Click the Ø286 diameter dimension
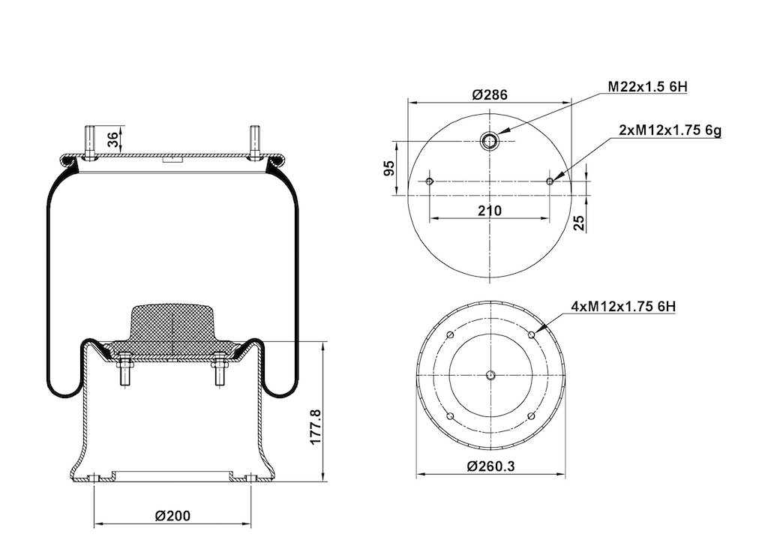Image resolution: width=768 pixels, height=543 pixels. pos(490,94)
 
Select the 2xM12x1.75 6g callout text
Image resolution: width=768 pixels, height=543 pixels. pos(670,130)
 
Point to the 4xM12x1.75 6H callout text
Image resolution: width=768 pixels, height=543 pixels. pos(623,307)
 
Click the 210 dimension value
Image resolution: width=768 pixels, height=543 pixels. pos(490,211)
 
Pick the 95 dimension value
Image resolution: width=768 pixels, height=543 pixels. pos(389,169)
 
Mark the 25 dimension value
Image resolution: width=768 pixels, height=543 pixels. pos(579,223)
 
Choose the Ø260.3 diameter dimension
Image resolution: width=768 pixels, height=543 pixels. pos(490,466)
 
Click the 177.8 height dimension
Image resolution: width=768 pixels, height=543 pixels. pos(316,427)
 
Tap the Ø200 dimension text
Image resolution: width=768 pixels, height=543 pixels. pos(172,515)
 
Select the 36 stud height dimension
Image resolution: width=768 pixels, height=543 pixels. pos(112,140)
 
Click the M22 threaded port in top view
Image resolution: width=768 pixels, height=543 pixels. pos(489,141)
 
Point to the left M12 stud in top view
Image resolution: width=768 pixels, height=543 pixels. pos(430,181)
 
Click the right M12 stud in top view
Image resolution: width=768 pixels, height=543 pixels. pos(550,181)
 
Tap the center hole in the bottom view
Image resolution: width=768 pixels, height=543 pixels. pos(490,376)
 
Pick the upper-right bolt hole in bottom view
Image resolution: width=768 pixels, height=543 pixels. pos(532,335)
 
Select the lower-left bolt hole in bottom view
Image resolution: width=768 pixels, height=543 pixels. pos(450,417)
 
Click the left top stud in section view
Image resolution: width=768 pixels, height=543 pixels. pos(90,142)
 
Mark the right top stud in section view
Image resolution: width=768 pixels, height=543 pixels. pos(253,142)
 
